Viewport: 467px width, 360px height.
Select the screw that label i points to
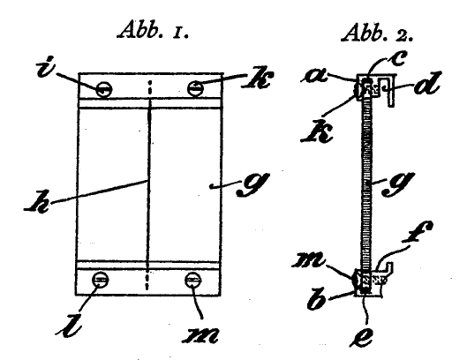[x=104, y=89]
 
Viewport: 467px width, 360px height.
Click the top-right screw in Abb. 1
[x=195, y=88]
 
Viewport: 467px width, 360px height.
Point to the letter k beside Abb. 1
[x=257, y=78]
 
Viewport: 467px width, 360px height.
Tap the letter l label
[x=69, y=325]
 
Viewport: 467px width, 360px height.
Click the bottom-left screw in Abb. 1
[x=101, y=280]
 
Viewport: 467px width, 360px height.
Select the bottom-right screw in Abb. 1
[x=193, y=281]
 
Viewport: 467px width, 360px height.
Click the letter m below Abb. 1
[x=200, y=335]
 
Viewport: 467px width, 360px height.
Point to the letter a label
[x=315, y=75]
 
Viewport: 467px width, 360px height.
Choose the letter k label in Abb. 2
[x=316, y=131]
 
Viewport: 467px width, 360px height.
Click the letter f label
[x=418, y=232]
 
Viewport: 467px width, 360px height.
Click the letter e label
[x=361, y=337]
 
